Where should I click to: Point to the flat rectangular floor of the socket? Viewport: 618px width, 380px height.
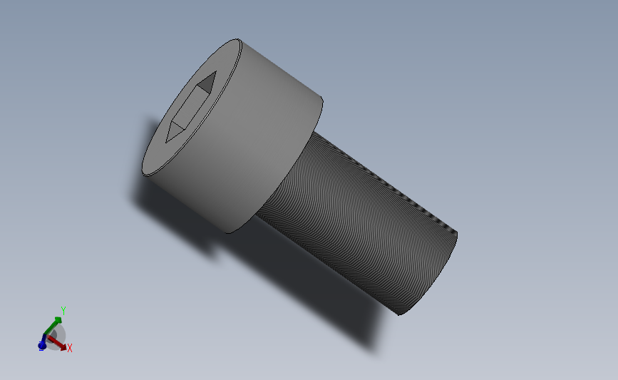[190, 108]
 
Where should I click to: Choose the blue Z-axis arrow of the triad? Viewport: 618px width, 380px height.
[43, 344]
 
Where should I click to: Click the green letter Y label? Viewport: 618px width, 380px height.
[63, 310]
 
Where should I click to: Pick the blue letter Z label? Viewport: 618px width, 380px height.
[41, 346]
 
